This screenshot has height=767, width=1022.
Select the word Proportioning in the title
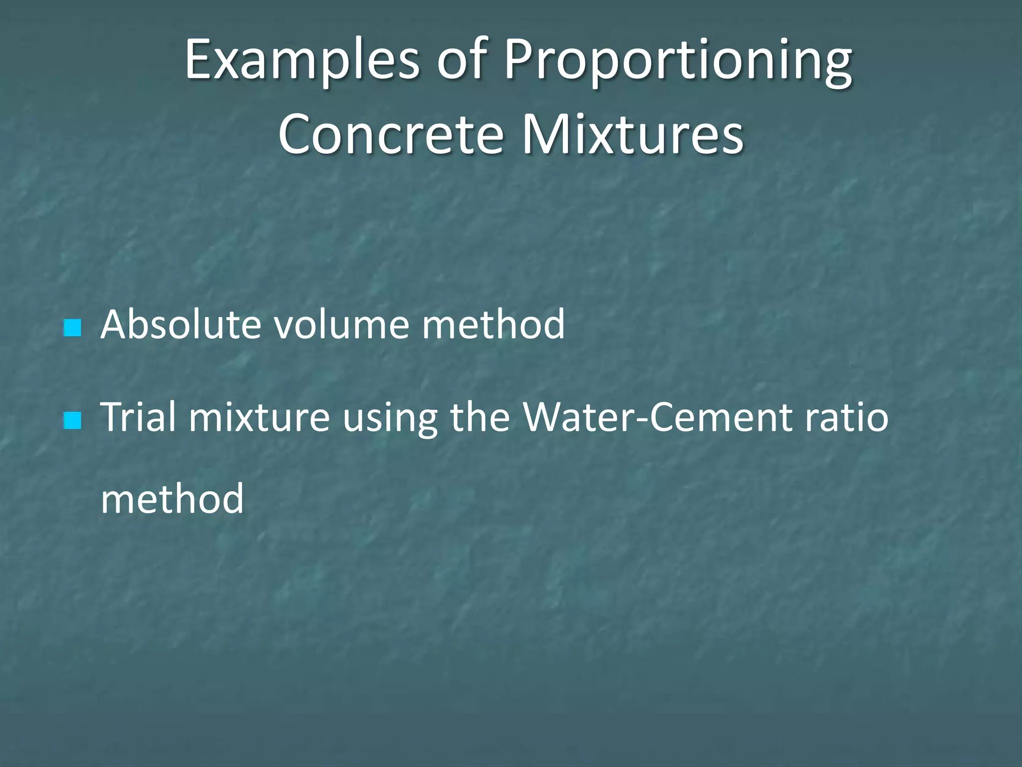[x=678, y=61]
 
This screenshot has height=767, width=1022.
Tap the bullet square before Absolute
[x=72, y=328]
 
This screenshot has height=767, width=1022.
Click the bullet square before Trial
[x=72, y=420]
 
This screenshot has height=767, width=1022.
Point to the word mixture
[x=259, y=417]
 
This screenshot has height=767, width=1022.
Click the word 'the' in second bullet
[x=480, y=416]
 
